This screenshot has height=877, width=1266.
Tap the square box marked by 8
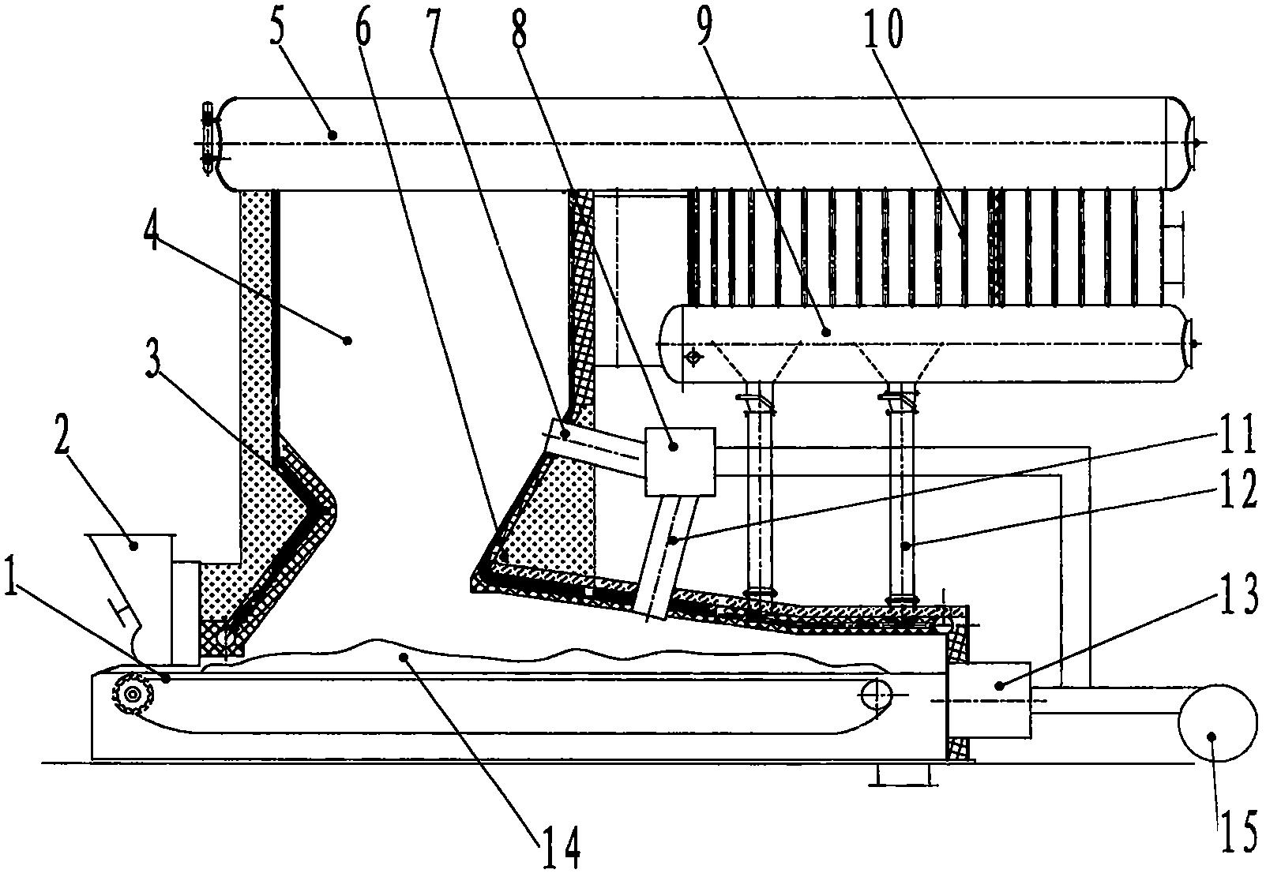tap(680, 462)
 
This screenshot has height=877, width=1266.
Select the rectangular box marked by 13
tap(990, 699)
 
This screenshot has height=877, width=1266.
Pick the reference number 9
tap(703, 29)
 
